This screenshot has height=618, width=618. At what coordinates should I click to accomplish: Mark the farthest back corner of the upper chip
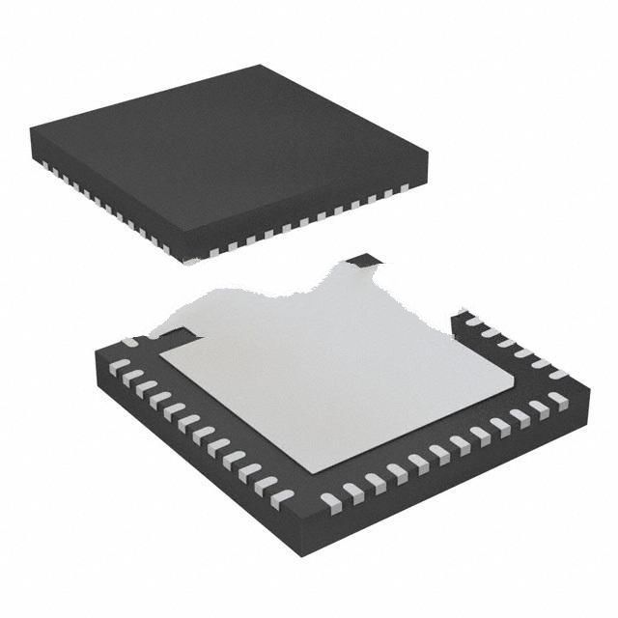click(261, 66)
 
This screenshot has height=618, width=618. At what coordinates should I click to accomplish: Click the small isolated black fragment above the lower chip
click(364, 260)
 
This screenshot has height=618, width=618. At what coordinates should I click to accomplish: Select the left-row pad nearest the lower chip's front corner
click(281, 498)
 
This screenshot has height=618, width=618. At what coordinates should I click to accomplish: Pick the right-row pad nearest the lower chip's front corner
click(331, 500)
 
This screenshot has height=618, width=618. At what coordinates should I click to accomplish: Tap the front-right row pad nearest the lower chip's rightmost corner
click(557, 398)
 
